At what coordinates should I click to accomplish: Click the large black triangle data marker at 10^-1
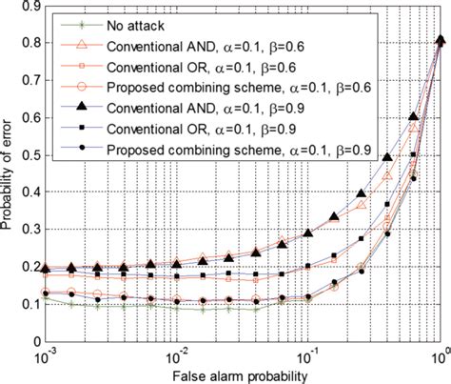tap(307, 233)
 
